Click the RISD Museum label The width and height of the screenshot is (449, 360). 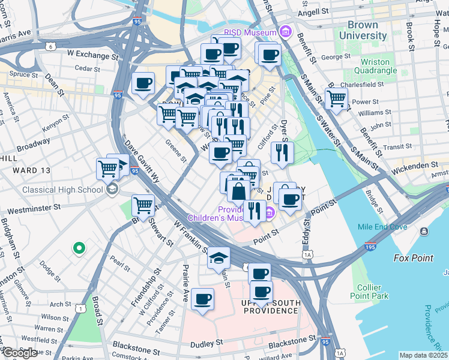(x=249, y=32)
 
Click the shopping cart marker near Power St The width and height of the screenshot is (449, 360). (x=337, y=98)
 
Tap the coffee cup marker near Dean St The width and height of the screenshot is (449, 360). (x=143, y=83)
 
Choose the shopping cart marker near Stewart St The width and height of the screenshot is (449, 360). (x=143, y=205)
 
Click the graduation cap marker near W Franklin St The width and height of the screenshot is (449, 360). (x=218, y=258)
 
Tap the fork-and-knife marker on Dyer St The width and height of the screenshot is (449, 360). (x=282, y=152)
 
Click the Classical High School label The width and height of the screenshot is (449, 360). (x=62, y=190)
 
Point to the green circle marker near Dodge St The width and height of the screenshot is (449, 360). (x=78, y=247)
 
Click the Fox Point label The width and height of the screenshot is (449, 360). (x=413, y=258)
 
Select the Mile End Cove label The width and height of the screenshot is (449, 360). (x=382, y=227)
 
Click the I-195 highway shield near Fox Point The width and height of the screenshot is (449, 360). (x=370, y=246)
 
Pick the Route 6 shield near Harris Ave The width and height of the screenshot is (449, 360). (x=51, y=46)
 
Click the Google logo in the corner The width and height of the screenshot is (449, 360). (x=19, y=353)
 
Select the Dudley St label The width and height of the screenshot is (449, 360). (x=206, y=344)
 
